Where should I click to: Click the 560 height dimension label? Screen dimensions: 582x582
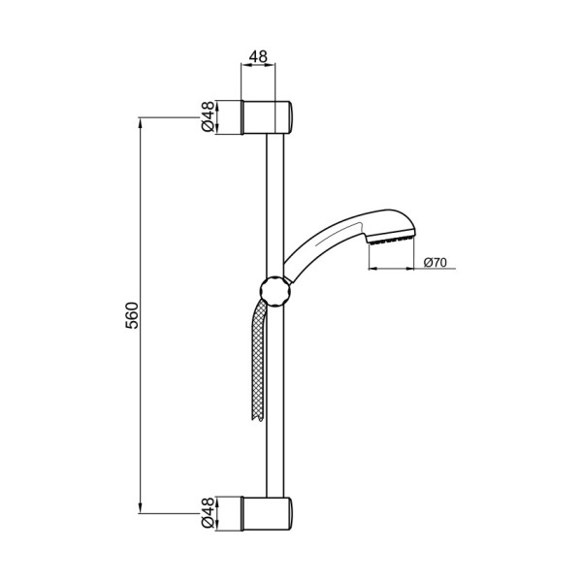point(132,314)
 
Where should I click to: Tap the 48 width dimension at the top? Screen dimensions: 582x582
point(258,57)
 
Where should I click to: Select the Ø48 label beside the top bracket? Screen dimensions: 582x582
point(208,116)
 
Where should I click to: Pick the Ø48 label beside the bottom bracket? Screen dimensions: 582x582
point(208,513)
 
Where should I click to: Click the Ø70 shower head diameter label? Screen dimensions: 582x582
point(434,261)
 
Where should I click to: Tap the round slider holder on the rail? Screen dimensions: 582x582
point(274,289)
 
